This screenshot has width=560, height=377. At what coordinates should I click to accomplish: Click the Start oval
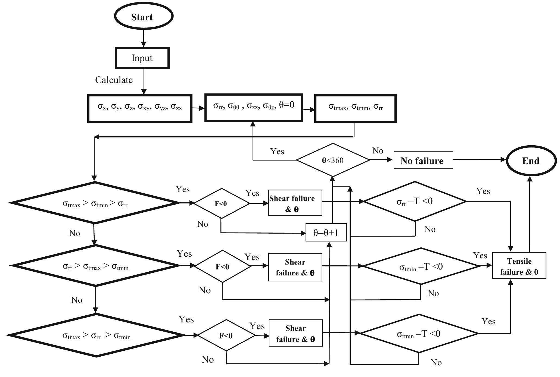[x=144, y=17]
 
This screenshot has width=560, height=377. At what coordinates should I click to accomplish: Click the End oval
[x=531, y=161]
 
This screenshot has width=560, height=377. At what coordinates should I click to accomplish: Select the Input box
[x=142, y=58]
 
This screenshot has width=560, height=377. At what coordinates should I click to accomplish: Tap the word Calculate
[x=114, y=80]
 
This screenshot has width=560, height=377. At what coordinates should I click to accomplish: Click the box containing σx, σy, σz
[x=140, y=108]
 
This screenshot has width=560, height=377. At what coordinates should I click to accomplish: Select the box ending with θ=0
[x=254, y=108]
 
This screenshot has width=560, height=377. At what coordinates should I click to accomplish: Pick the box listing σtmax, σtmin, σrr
[x=355, y=108]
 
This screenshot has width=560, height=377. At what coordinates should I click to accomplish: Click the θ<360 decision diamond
[x=333, y=160]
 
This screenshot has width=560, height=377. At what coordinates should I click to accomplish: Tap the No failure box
[x=423, y=161]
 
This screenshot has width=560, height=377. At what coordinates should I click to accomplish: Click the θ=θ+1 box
[x=326, y=233]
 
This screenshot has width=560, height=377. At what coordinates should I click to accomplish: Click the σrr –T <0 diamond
[x=415, y=202]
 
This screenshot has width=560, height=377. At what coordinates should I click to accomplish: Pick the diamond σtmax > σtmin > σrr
[x=95, y=203]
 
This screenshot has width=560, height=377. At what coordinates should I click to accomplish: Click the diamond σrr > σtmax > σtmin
[x=95, y=266]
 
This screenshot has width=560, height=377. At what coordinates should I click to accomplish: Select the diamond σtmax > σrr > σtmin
[x=96, y=336]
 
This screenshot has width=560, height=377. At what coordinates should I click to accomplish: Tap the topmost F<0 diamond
[x=221, y=203]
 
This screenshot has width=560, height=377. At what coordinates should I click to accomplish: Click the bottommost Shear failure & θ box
[x=295, y=333]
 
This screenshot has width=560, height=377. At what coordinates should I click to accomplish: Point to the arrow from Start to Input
[x=144, y=38]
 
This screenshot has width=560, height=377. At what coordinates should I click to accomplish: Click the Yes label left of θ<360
[x=277, y=151]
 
